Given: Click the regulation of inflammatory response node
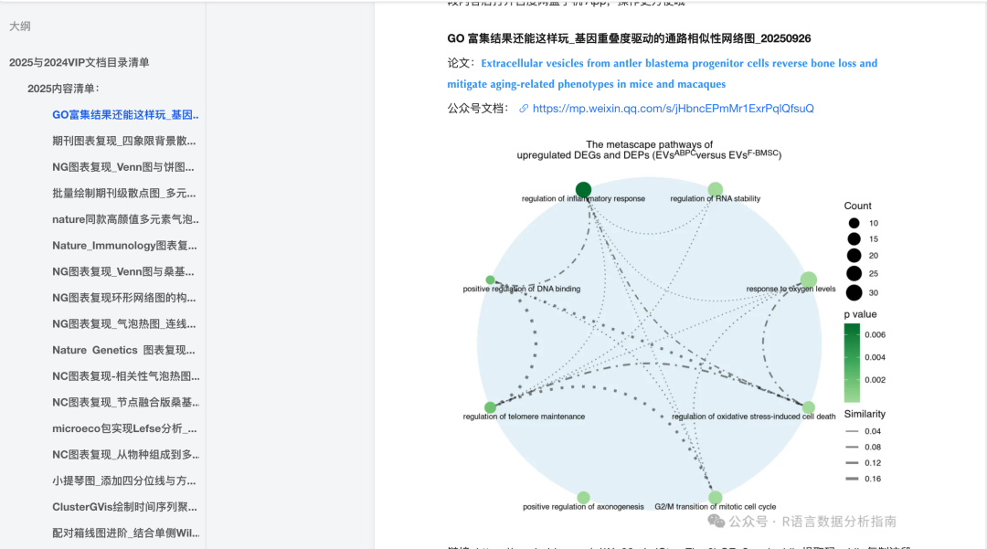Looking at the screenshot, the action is click(x=583, y=190).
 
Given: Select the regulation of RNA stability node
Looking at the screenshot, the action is click(x=715, y=190).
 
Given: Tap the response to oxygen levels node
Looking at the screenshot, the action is click(x=808, y=280).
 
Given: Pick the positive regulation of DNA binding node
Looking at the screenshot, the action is click(x=491, y=280).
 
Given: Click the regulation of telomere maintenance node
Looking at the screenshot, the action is click(x=491, y=407).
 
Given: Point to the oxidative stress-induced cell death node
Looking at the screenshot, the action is click(x=808, y=407).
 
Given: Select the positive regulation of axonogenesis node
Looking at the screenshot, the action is click(x=583, y=498).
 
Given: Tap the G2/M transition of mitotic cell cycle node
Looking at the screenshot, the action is click(x=715, y=498).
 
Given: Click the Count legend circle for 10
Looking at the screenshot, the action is click(x=854, y=223).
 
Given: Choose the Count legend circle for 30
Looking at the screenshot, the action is click(x=854, y=292).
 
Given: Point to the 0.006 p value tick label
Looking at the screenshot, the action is click(x=875, y=335).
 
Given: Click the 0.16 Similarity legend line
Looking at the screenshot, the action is click(x=853, y=478).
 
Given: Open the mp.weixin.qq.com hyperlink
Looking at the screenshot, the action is click(x=673, y=109).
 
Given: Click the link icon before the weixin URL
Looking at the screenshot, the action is click(x=524, y=109).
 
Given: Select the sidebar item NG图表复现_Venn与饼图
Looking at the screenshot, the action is click(x=124, y=167).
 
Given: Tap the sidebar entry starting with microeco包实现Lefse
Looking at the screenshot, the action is click(x=124, y=428).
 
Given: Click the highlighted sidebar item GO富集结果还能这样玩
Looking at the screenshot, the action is click(x=125, y=115).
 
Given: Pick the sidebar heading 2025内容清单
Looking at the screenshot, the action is click(x=63, y=89).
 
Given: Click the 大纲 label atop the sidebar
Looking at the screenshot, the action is click(x=20, y=26).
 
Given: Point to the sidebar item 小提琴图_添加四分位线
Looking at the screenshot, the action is click(x=124, y=480).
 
